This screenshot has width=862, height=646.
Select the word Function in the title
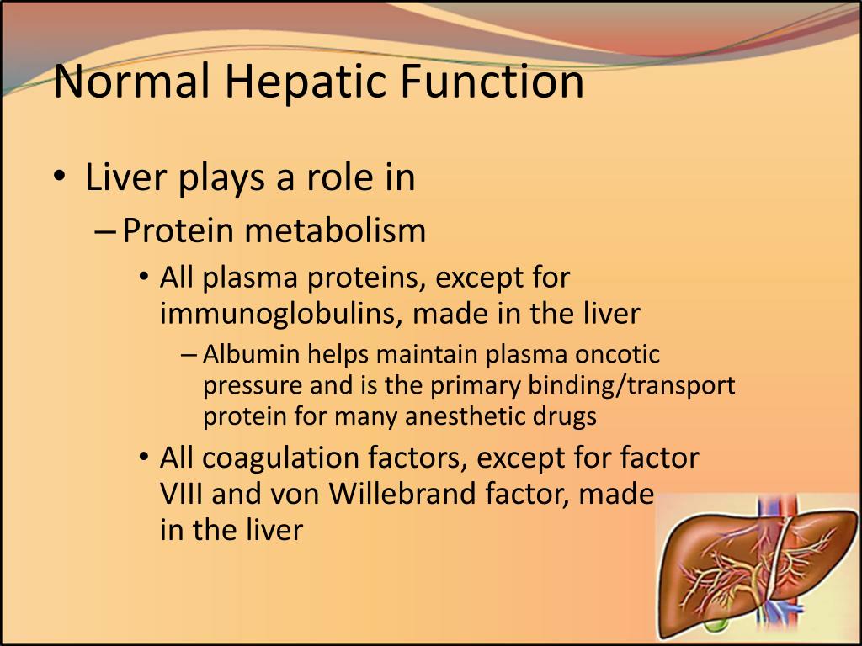492,82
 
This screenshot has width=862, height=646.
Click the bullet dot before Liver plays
59,179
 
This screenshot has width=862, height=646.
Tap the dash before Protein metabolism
105,231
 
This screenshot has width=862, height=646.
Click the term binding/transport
631,385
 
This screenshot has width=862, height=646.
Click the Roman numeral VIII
183,494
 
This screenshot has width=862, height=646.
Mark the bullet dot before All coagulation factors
144,458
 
